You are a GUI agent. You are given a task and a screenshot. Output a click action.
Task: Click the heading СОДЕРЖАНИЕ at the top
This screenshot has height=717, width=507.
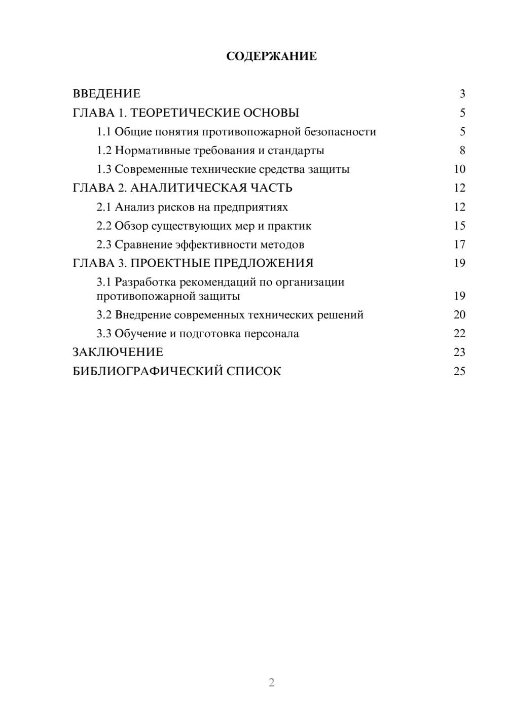(x=271, y=56)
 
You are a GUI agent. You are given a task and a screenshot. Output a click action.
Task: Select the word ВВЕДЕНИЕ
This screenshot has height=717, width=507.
(x=106, y=94)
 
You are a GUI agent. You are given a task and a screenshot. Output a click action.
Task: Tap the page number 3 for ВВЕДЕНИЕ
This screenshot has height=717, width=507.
(x=462, y=94)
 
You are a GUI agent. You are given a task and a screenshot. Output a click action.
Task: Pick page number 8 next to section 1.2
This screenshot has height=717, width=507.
(x=462, y=151)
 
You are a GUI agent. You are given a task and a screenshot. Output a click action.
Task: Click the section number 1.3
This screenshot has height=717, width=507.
(x=104, y=169)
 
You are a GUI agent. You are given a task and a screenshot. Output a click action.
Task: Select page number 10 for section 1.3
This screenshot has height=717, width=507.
(x=459, y=169)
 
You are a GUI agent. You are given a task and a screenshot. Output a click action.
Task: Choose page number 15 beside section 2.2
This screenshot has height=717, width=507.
(x=459, y=226)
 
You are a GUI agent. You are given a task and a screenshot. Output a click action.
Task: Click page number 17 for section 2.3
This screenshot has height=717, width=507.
(x=459, y=244)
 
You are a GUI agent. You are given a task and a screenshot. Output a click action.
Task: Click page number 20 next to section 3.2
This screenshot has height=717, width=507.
(x=459, y=315)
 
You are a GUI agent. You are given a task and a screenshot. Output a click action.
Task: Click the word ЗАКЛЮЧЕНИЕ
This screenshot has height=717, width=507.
(x=118, y=352)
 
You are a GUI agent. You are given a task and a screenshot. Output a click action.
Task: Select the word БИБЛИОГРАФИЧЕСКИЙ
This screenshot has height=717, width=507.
(x=148, y=371)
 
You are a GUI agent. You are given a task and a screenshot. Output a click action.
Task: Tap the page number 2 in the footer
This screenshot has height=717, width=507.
(x=271, y=683)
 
